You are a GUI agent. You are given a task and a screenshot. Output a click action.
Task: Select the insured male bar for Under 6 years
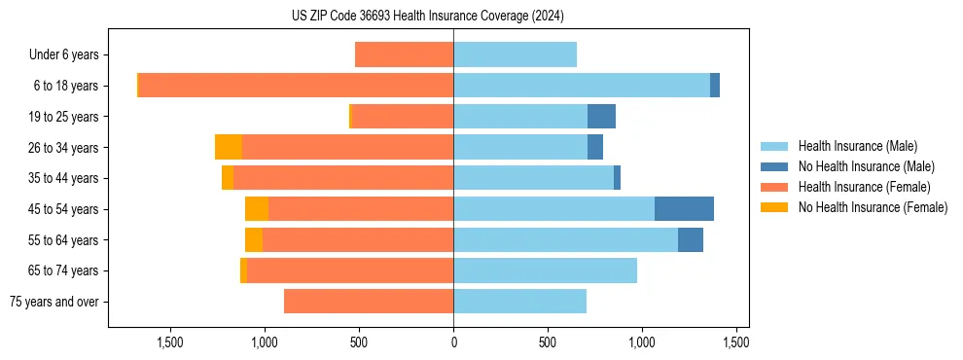coord(515,54)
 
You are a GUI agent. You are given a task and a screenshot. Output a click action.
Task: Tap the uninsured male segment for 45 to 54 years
coord(684,208)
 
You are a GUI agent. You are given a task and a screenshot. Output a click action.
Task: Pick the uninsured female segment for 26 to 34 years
coord(229,147)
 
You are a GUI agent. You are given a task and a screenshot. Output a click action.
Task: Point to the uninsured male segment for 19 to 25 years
coord(601,117)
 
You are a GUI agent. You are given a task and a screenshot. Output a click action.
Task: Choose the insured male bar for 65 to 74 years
coord(545,270)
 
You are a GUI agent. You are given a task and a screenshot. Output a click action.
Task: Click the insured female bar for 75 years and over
coord(369,302)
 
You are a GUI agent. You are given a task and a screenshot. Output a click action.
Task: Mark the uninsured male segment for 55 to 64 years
coord(691,239)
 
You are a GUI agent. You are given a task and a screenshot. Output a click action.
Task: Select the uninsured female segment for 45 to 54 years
coord(257,208)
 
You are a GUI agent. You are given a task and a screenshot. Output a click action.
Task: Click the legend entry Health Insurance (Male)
coord(857,146)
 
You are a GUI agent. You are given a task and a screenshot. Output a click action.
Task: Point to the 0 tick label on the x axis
coord(453,342)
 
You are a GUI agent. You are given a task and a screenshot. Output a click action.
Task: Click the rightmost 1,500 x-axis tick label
coord(736,342)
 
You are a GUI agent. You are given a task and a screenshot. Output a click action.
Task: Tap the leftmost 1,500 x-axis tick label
coord(170,342)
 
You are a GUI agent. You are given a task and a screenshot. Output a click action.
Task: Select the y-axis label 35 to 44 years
coord(64,178)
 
